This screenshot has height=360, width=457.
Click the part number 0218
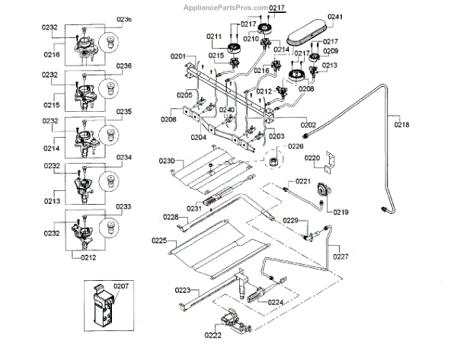coord(401,124)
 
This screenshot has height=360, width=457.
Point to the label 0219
coord(340,212)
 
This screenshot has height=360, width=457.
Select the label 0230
coord(167,161)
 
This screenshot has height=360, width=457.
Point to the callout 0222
coord(214,333)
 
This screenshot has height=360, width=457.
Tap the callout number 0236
coord(124,66)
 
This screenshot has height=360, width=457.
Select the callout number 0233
coord(123,206)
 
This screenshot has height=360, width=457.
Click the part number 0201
coord(178,56)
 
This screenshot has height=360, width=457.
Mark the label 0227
coord(340,256)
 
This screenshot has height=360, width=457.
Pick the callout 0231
coord(194,208)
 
